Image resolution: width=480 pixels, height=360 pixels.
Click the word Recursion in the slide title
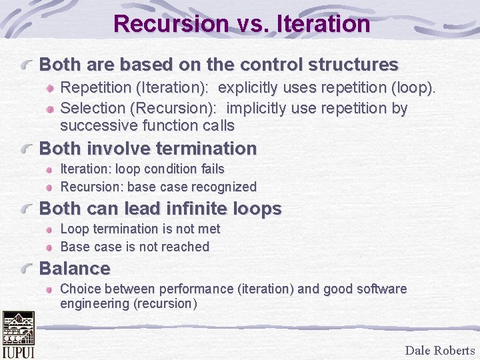click(x=171, y=24)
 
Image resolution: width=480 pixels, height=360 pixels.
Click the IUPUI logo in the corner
click(x=18, y=335)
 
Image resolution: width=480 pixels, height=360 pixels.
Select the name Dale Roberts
click(x=439, y=350)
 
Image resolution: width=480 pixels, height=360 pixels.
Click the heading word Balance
click(x=75, y=269)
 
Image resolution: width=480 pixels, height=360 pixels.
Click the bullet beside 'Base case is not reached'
click(x=51, y=247)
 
